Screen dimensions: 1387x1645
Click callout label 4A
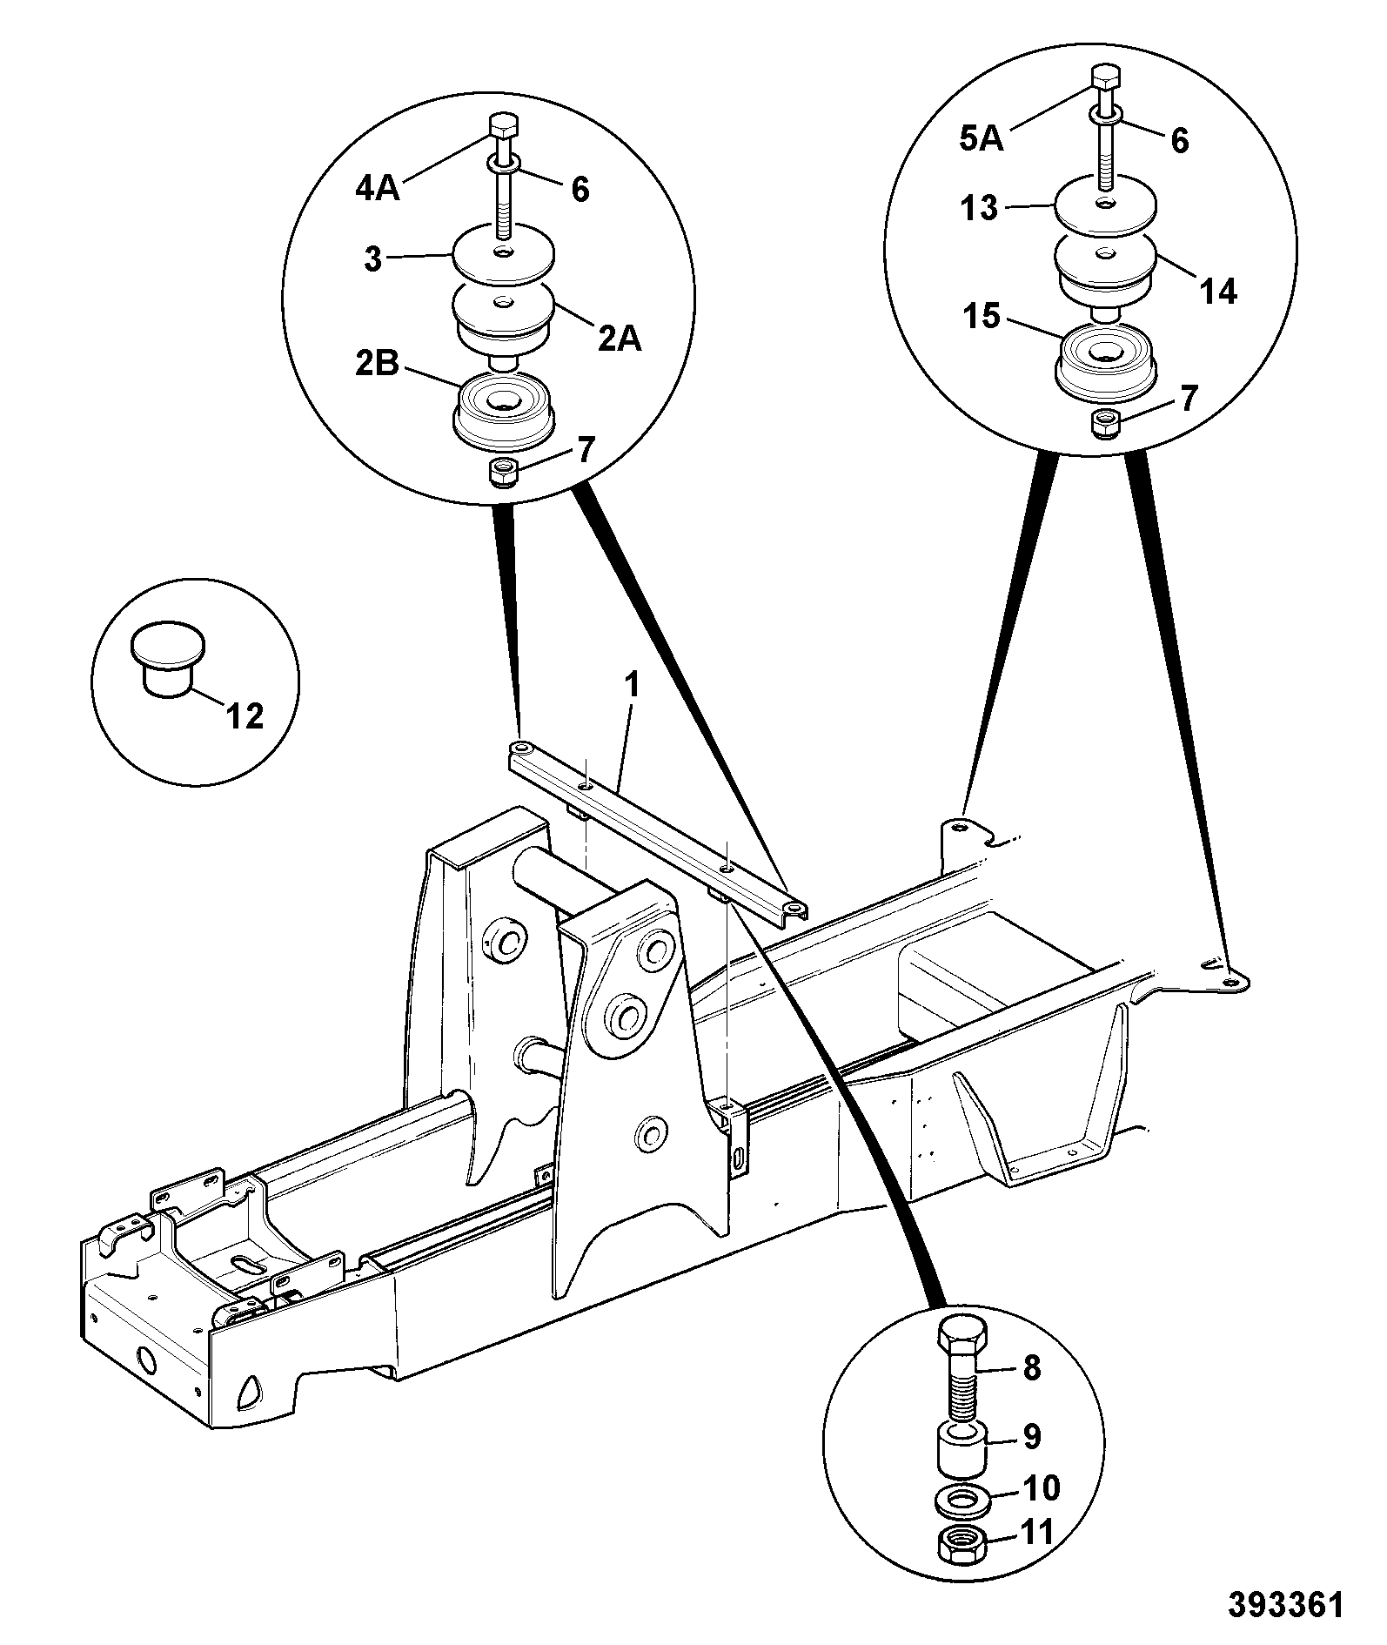click(x=377, y=189)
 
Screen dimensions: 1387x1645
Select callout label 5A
click(x=982, y=139)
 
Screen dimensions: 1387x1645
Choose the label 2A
click(x=619, y=339)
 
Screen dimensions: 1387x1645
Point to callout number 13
click(x=981, y=210)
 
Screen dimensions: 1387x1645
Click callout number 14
click(x=1217, y=292)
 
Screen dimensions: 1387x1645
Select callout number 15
click(x=982, y=317)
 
